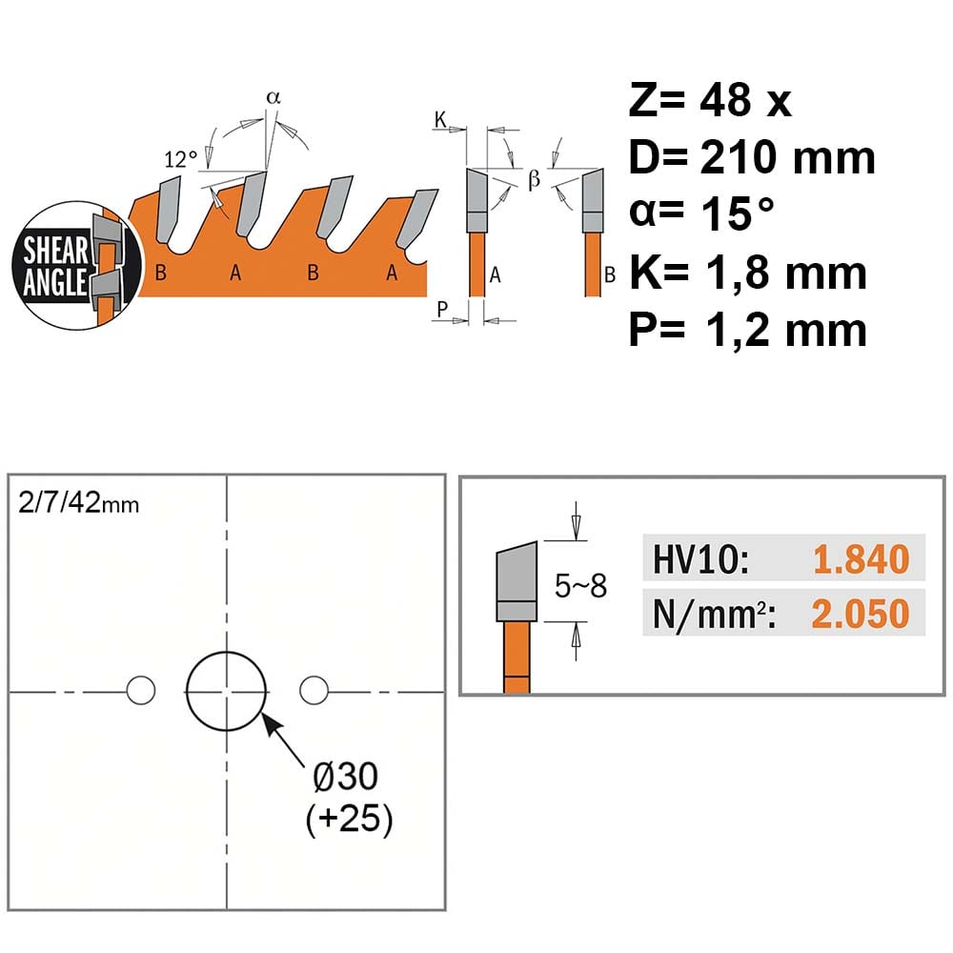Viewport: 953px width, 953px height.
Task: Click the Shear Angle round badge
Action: pos(76,266)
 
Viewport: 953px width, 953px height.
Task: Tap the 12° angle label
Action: pos(180,159)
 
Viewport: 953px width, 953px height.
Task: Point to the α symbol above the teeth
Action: pos(274,97)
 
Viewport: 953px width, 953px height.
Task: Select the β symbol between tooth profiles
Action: pos(534,180)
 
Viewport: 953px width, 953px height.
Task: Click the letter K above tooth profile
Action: pos(440,120)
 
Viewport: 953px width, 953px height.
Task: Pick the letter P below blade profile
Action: pos(442,309)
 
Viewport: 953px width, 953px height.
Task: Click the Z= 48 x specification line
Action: pos(710,100)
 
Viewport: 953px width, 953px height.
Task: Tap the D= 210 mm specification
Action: pos(752,157)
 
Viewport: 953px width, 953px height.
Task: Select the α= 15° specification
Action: pos(701,213)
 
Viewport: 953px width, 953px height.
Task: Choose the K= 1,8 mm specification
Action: pos(747,273)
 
